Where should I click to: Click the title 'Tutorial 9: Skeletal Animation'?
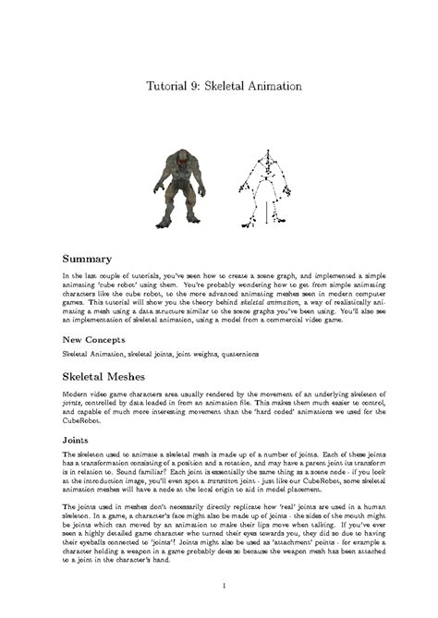pyautogui.click(x=225, y=87)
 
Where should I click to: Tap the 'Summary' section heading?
pyautogui.click(x=87, y=259)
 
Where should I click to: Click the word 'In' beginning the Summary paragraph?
pyautogui.click(x=65, y=276)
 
